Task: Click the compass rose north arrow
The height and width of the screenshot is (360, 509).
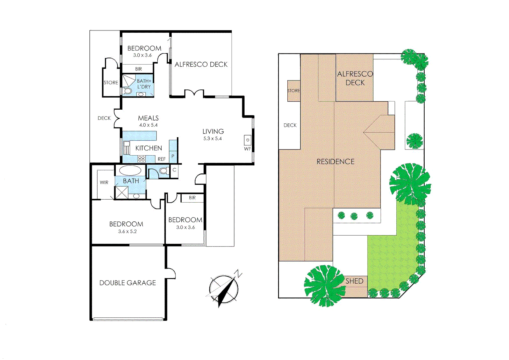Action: [224, 289]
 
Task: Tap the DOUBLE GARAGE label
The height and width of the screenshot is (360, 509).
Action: [128, 283]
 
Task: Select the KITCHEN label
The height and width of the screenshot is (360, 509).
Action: [149, 148]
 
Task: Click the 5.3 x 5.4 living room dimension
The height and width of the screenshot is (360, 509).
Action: [213, 139]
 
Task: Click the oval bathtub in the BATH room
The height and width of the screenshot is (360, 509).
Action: [130, 170]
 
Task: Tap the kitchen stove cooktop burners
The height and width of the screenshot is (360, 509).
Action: [141, 159]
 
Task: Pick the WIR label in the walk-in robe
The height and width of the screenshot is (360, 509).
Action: [104, 182]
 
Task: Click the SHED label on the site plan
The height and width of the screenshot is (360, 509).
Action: [354, 281]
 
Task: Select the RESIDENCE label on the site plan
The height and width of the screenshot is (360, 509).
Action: [335, 162]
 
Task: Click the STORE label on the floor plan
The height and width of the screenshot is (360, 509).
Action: [111, 83]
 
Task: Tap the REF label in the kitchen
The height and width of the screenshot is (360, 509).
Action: [162, 159]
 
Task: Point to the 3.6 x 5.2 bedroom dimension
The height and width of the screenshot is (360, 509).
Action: [127, 231]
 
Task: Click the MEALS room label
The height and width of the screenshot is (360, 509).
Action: [148, 118]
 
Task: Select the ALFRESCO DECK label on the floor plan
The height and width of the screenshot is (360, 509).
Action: [201, 64]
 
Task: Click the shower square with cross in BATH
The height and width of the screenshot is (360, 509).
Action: [121, 193]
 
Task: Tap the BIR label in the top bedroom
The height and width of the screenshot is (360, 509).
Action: [139, 69]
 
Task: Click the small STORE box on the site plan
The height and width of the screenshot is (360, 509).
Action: [294, 91]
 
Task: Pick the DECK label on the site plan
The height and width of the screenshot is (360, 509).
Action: [290, 125]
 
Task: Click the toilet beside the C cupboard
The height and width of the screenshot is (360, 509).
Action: [163, 171]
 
